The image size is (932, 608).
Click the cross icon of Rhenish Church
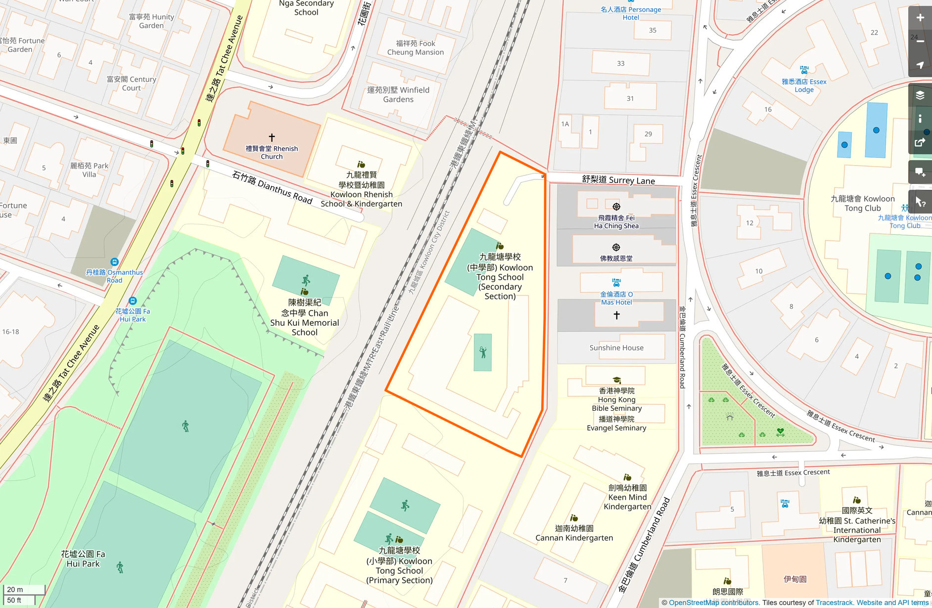[x=272, y=137]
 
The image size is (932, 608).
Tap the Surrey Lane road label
[x=618, y=180]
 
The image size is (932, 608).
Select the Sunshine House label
[x=616, y=347]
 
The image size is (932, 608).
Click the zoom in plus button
[x=920, y=18]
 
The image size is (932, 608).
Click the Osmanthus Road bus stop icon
[x=114, y=262]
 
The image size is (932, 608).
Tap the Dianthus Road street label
[x=273, y=188]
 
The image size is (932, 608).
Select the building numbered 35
[x=652, y=30]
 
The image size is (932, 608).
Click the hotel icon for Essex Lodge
[x=804, y=70]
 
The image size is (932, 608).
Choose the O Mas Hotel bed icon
[x=616, y=283]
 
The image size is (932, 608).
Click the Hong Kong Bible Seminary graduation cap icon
[x=616, y=380]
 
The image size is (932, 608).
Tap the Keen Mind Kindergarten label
[x=627, y=497]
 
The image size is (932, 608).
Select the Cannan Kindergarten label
[x=574, y=533]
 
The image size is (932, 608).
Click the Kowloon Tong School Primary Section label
[x=399, y=565]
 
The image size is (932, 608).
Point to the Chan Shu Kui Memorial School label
[x=304, y=317]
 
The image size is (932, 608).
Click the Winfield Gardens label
[x=398, y=94]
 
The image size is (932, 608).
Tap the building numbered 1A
[x=565, y=124]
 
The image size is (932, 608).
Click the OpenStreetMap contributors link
[x=713, y=603]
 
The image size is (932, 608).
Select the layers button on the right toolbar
[x=920, y=95]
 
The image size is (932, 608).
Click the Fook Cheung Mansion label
[x=415, y=47]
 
